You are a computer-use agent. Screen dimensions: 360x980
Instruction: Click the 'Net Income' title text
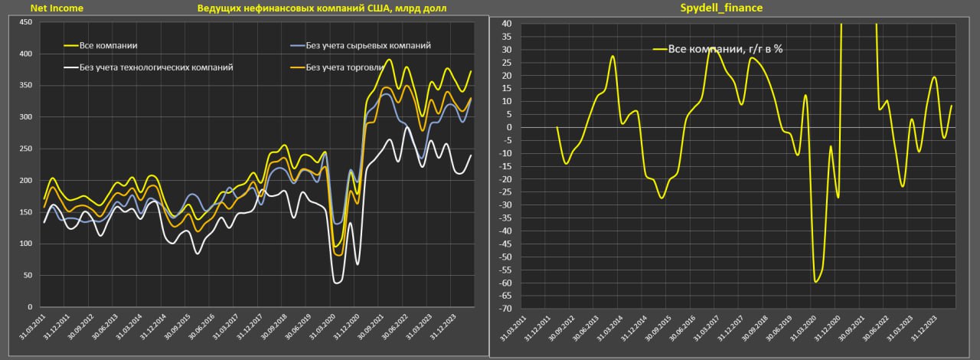click(57, 8)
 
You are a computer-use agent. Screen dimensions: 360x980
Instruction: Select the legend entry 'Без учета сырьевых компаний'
click(367, 46)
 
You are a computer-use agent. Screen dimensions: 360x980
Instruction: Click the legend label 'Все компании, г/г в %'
click(724, 49)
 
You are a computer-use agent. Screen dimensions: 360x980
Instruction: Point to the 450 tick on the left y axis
click(24, 22)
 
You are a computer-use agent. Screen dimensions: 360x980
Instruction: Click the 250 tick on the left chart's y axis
click(24, 149)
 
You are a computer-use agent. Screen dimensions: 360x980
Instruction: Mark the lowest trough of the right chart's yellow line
click(816, 282)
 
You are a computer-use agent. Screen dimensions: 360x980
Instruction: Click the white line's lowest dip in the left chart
click(337, 283)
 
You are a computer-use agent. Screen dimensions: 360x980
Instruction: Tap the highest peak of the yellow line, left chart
click(390, 60)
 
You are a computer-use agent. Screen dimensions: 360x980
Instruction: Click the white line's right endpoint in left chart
click(471, 155)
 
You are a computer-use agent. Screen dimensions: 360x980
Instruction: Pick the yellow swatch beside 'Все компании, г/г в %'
click(660, 49)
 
